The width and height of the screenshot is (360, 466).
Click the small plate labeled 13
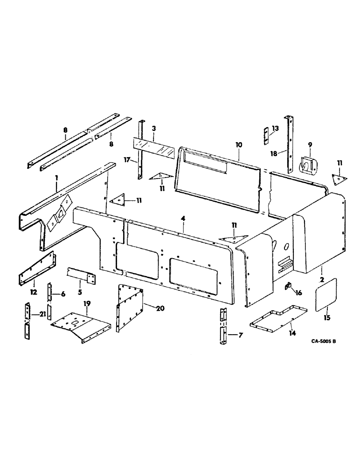(264, 135)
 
